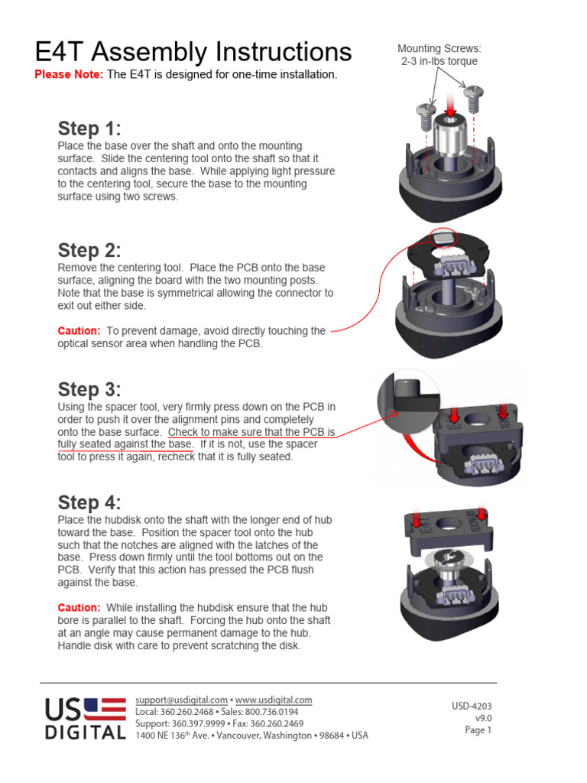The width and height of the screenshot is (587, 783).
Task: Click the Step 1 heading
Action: click(89, 128)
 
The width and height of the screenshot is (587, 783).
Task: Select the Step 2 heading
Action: click(89, 251)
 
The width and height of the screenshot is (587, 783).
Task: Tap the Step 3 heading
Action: click(89, 389)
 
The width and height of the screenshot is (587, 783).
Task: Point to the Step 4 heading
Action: click(89, 502)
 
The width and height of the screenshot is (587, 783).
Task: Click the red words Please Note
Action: click(69, 74)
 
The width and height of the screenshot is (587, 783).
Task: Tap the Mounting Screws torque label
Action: click(439, 55)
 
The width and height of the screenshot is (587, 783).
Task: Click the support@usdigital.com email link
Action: click(181, 700)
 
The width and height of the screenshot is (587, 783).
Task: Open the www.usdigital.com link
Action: click(274, 700)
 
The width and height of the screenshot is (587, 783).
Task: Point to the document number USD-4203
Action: click(472, 706)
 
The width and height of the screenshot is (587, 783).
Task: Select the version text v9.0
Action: click(483, 718)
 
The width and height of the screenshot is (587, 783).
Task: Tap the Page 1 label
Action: click(478, 730)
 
